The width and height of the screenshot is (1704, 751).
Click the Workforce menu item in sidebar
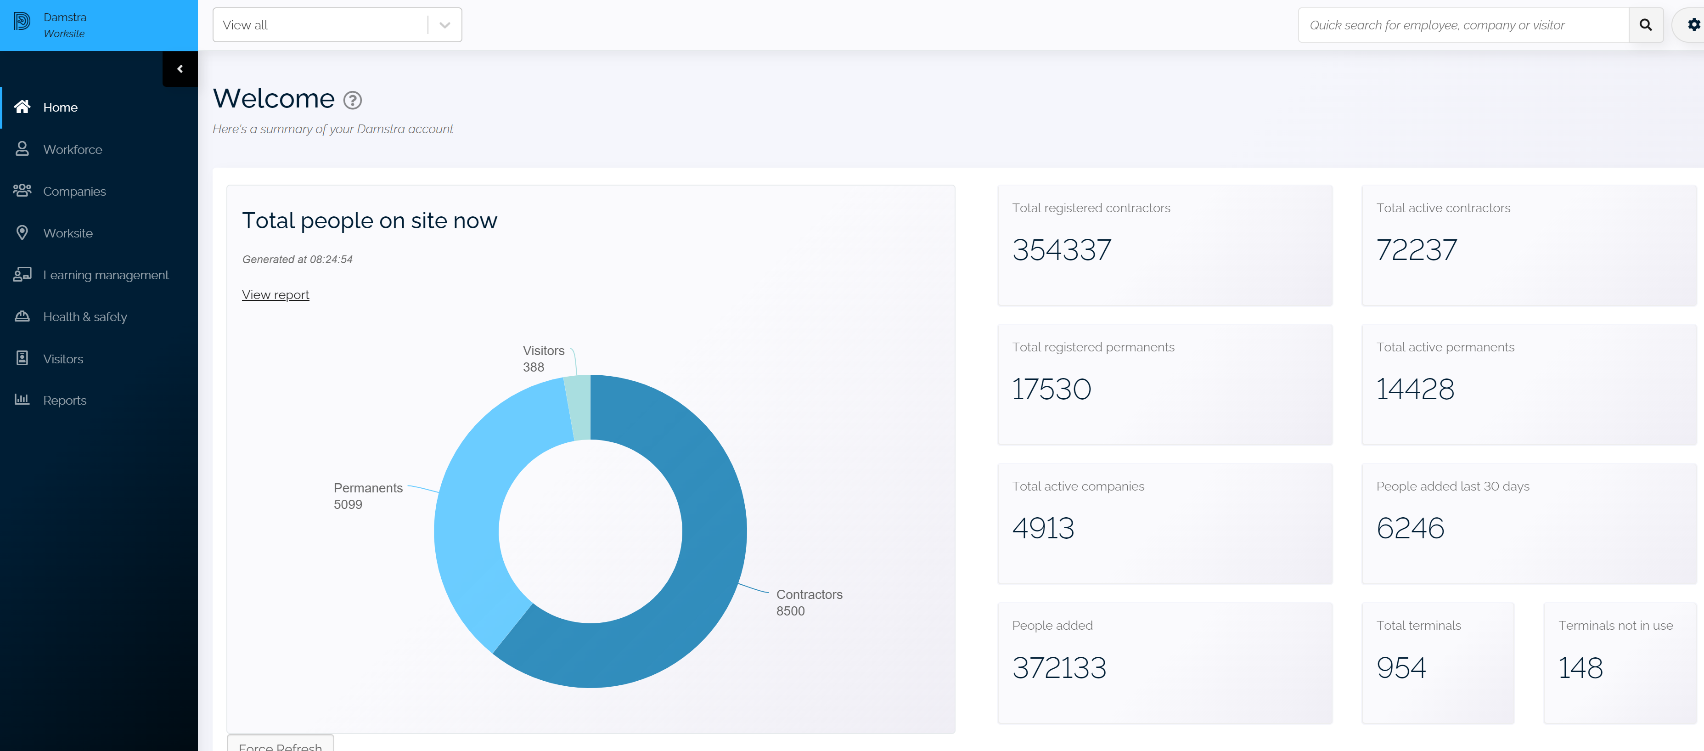point(72,150)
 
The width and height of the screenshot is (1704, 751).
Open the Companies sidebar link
point(74,191)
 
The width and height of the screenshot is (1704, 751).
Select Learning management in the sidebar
point(105,275)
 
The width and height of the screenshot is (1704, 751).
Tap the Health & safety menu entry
point(84,317)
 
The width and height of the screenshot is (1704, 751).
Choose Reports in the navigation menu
point(64,401)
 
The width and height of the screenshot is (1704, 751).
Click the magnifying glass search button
point(1646,25)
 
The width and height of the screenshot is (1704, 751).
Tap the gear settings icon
point(1693,25)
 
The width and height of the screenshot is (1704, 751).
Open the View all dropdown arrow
point(444,25)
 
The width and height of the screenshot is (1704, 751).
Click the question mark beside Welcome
point(353,100)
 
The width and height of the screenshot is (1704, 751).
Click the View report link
point(275,295)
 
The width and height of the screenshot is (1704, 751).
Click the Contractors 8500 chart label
point(808,602)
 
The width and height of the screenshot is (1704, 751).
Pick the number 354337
point(1062,250)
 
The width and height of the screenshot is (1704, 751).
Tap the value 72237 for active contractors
point(1416,250)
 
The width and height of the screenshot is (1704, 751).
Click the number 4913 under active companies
point(1043,528)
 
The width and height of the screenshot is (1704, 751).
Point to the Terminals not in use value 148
point(1580,667)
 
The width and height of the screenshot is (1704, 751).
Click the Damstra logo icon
point(22,22)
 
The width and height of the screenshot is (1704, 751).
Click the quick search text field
point(1462,25)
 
